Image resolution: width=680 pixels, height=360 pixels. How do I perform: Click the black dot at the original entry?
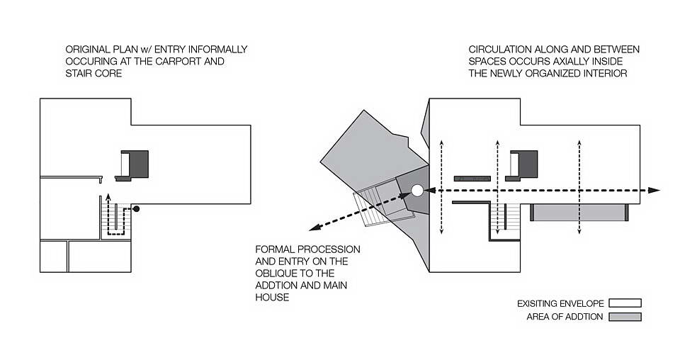click(136, 208)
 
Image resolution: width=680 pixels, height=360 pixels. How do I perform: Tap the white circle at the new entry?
click(417, 191)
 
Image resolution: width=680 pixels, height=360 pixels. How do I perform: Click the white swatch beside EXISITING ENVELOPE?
click(625, 303)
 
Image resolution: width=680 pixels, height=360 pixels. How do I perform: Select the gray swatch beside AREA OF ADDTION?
click(625, 317)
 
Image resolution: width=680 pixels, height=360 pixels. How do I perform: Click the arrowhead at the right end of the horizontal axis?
click(654, 190)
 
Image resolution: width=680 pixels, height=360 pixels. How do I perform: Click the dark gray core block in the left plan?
click(139, 164)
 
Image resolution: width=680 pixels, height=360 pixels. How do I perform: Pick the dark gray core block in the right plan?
click(528, 164)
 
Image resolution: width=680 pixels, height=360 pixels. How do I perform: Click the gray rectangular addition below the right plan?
click(579, 213)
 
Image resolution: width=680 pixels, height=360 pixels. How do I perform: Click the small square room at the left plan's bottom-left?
click(53, 257)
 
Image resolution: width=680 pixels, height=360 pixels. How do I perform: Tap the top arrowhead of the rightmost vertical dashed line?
click(579, 143)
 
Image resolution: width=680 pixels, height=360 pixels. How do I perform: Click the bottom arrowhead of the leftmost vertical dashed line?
click(441, 231)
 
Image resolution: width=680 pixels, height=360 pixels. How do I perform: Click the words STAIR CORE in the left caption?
click(93, 73)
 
